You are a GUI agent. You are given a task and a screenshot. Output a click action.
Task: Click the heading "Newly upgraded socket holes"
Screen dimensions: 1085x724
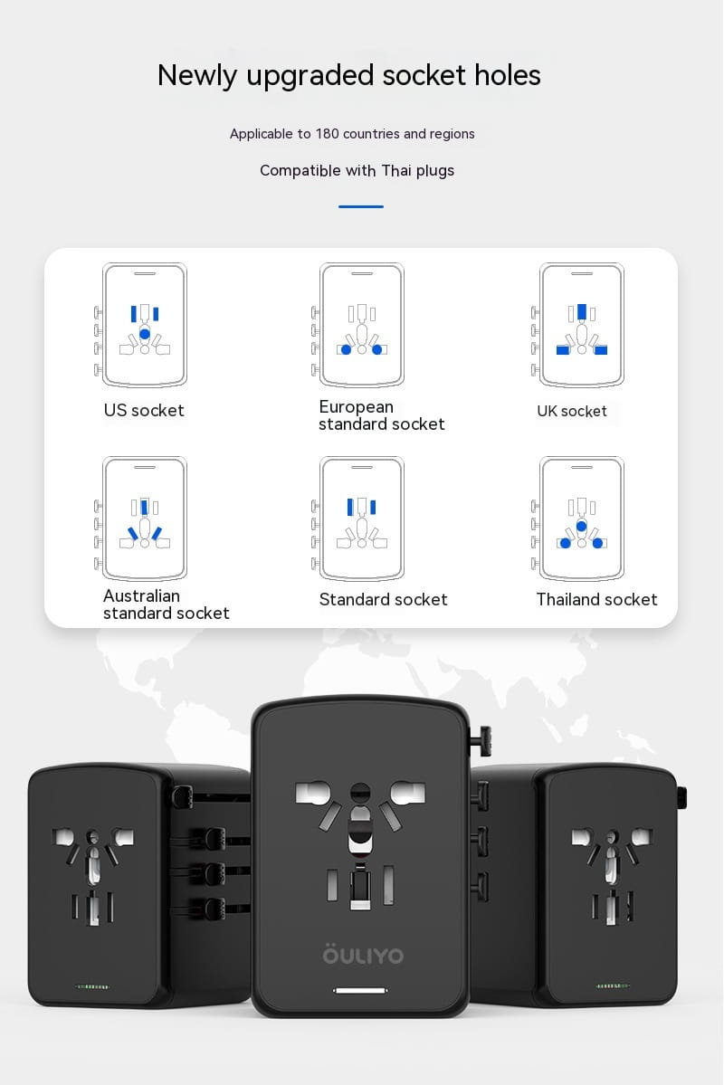click(348, 75)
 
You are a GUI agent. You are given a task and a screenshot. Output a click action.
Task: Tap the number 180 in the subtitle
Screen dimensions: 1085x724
click(326, 134)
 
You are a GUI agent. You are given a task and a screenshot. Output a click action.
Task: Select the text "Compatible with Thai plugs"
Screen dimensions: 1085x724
click(357, 170)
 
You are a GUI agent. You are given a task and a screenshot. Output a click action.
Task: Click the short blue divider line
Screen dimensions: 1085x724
click(361, 206)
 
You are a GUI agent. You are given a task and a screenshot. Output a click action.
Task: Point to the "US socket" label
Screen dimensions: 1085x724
click(144, 411)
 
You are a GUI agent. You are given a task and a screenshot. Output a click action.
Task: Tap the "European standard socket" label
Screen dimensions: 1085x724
click(381, 415)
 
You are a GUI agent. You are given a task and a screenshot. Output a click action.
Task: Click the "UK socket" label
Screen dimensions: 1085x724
click(572, 412)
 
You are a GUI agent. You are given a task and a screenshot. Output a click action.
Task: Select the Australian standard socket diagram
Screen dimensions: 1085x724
click(144, 519)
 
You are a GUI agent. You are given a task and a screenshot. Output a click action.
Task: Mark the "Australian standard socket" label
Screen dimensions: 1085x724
click(166, 604)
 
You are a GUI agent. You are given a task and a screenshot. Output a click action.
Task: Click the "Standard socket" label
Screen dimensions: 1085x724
click(383, 600)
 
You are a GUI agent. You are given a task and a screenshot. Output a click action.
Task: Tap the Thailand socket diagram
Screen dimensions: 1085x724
click(581, 519)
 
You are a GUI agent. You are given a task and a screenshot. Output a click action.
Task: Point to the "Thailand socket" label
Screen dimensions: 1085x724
click(596, 600)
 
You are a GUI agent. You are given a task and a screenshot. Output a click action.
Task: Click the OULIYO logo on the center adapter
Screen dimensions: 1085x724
click(362, 955)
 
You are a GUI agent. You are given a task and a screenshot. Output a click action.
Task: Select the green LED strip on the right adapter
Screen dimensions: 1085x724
click(615, 985)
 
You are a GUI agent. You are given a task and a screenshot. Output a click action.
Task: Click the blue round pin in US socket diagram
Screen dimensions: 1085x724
click(145, 334)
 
